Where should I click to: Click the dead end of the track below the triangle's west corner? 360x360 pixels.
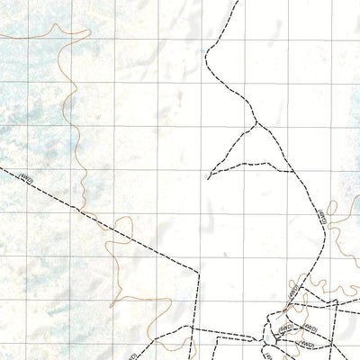pos(208,178)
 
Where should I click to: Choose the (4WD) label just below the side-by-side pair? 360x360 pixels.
pos(306,343)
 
